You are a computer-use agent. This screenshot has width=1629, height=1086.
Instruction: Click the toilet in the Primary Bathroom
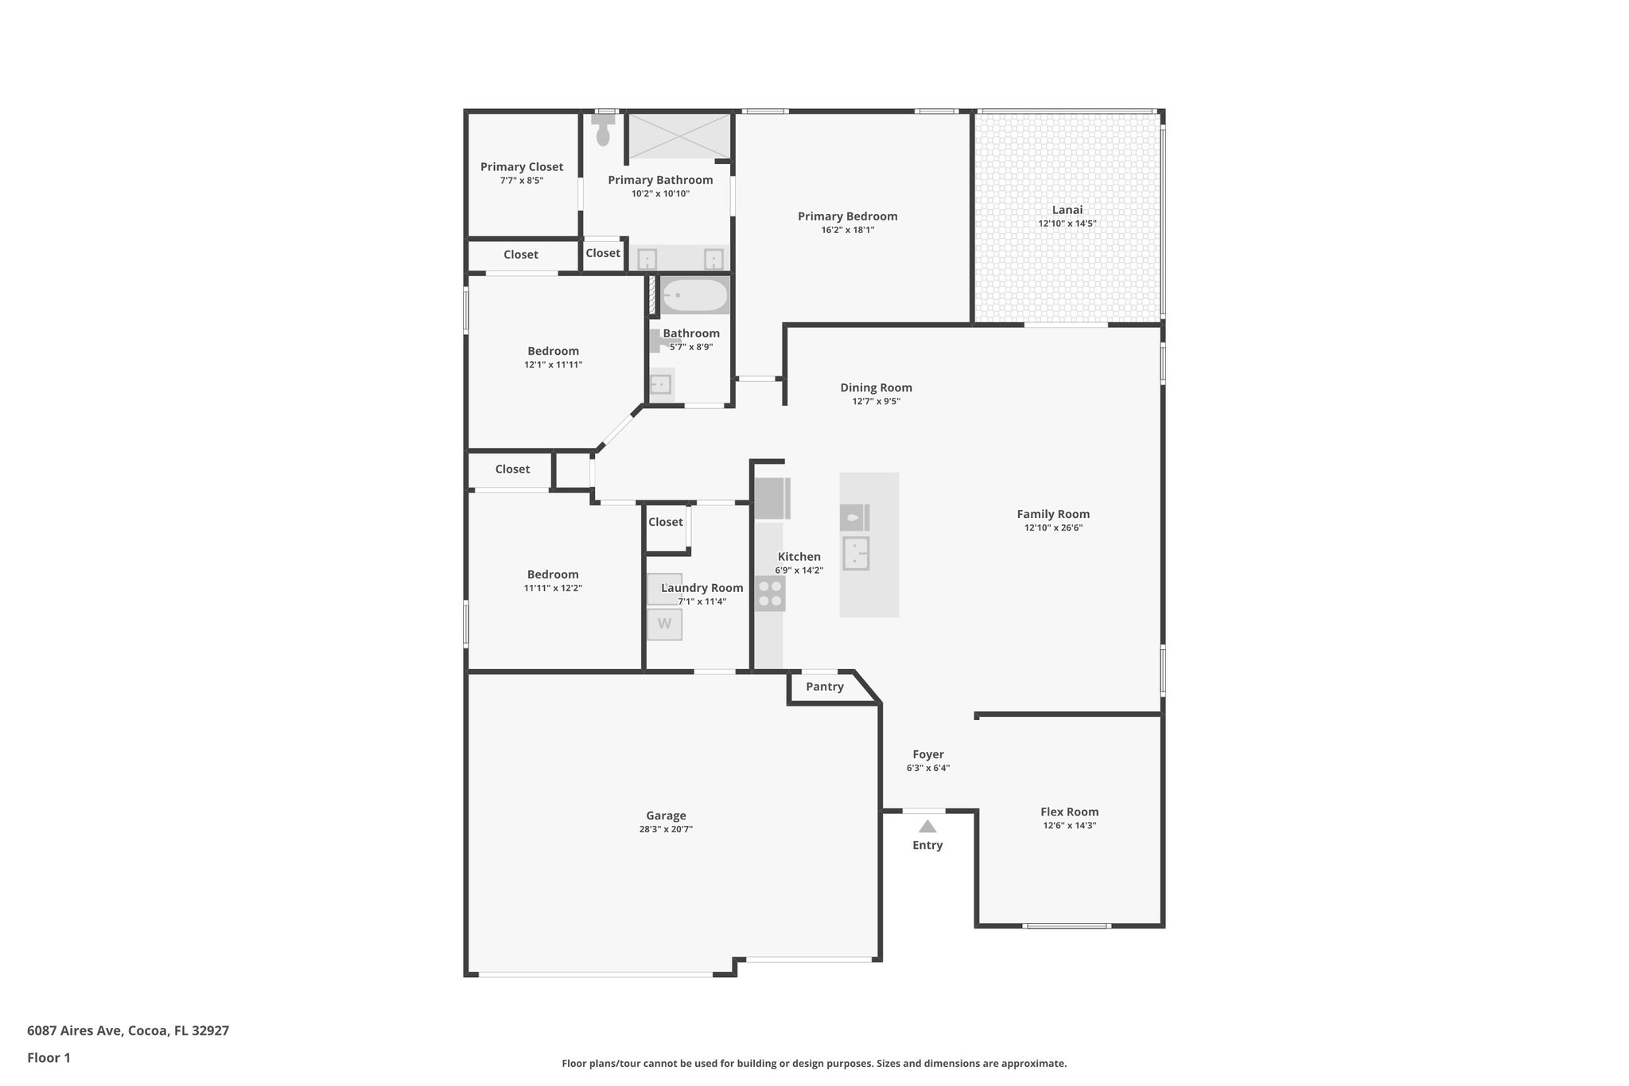click(x=603, y=131)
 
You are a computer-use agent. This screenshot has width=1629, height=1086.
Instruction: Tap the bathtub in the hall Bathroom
click(x=694, y=296)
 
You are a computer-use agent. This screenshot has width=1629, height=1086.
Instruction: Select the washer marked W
click(x=664, y=624)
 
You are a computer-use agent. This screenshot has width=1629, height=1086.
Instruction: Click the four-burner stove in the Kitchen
click(x=770, y=594)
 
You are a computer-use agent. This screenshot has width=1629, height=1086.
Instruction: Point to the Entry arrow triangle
click(x=927, y=827)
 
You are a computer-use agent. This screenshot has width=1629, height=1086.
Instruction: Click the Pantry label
click(x=824, y=687)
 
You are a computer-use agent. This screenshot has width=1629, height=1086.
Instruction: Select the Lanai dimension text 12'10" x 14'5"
click(x=1067, y=224)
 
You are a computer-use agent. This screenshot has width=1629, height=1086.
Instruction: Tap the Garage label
click(x=666, y=815)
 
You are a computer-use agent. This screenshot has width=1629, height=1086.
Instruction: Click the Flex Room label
click(x=1069, y=812)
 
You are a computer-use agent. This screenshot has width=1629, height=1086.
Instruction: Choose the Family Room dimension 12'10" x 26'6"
click(x=1053, y=527)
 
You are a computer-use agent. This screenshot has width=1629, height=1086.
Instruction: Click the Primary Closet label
click(x=521, y=167)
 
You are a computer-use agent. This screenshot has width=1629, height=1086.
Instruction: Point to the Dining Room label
click(x=876, y=388)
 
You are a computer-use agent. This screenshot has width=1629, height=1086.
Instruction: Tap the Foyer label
click(x=927, y=754)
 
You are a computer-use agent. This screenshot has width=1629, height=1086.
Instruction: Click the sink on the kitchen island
click(x=856, y=553)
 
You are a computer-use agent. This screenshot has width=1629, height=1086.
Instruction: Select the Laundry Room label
click(x=702, y=588)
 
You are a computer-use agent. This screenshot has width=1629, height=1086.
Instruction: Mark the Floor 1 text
click(x=49, y=1057)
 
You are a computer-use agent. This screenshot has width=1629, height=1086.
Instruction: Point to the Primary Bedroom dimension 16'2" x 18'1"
click(x=847, y=230)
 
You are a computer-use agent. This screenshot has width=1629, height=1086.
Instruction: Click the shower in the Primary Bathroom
click(x=679, y=136)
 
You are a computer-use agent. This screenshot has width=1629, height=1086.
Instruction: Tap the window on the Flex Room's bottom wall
click(x=1066, y=925)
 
